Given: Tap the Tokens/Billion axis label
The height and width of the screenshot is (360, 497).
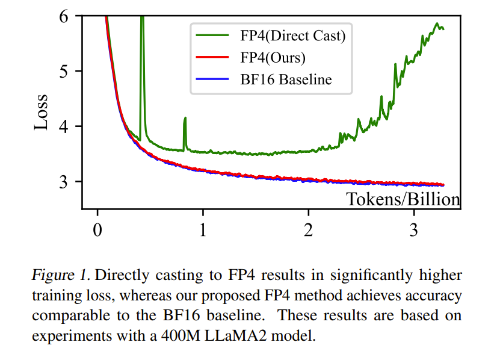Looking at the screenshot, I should [403, 199].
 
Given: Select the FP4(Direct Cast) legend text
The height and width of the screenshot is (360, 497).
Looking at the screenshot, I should [289, 36].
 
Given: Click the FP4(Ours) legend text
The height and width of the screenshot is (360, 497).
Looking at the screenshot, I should [269, 57].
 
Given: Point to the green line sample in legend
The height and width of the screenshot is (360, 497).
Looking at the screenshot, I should [211, 36].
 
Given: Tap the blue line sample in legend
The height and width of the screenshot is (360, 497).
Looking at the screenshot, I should [211, 79].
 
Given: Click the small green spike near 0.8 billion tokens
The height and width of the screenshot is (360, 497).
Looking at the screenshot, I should [185, 119].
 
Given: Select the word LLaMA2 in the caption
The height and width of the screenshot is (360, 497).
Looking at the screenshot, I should [237, 335].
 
